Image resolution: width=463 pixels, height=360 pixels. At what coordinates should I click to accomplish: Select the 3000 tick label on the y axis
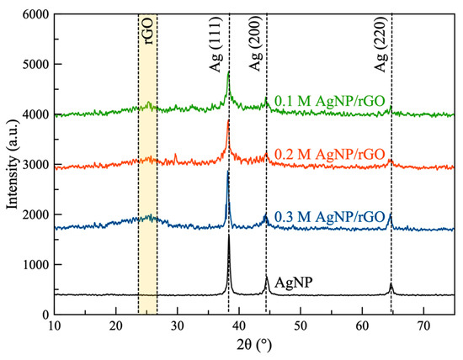pyautogui.click(x=34, y=164)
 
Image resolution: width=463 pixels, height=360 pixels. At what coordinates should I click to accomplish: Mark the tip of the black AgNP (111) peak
pyautogui.click(x=229, y=236)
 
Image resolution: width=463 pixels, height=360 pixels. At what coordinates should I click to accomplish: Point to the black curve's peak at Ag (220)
pyautogui.click(x=391, y=283)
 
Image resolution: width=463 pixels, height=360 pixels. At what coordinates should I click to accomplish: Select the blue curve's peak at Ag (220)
pyautogui.click(x=391, y=214)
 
